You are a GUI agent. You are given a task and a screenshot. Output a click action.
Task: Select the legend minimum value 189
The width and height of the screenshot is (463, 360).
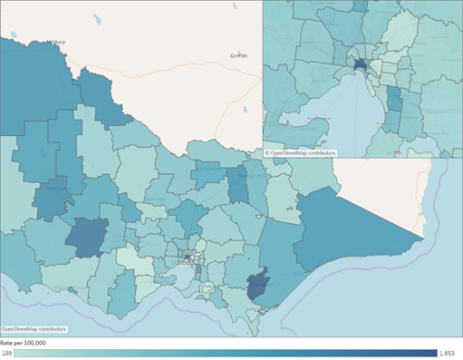tap(6, 353)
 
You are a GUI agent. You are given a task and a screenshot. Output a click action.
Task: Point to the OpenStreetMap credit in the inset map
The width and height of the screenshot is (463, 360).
tap(301, 153)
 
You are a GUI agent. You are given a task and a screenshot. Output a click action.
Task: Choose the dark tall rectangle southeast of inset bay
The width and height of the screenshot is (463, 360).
tap(394, 100)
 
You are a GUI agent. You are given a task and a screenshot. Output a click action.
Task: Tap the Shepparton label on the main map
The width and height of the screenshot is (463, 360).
tap(248, 174)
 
